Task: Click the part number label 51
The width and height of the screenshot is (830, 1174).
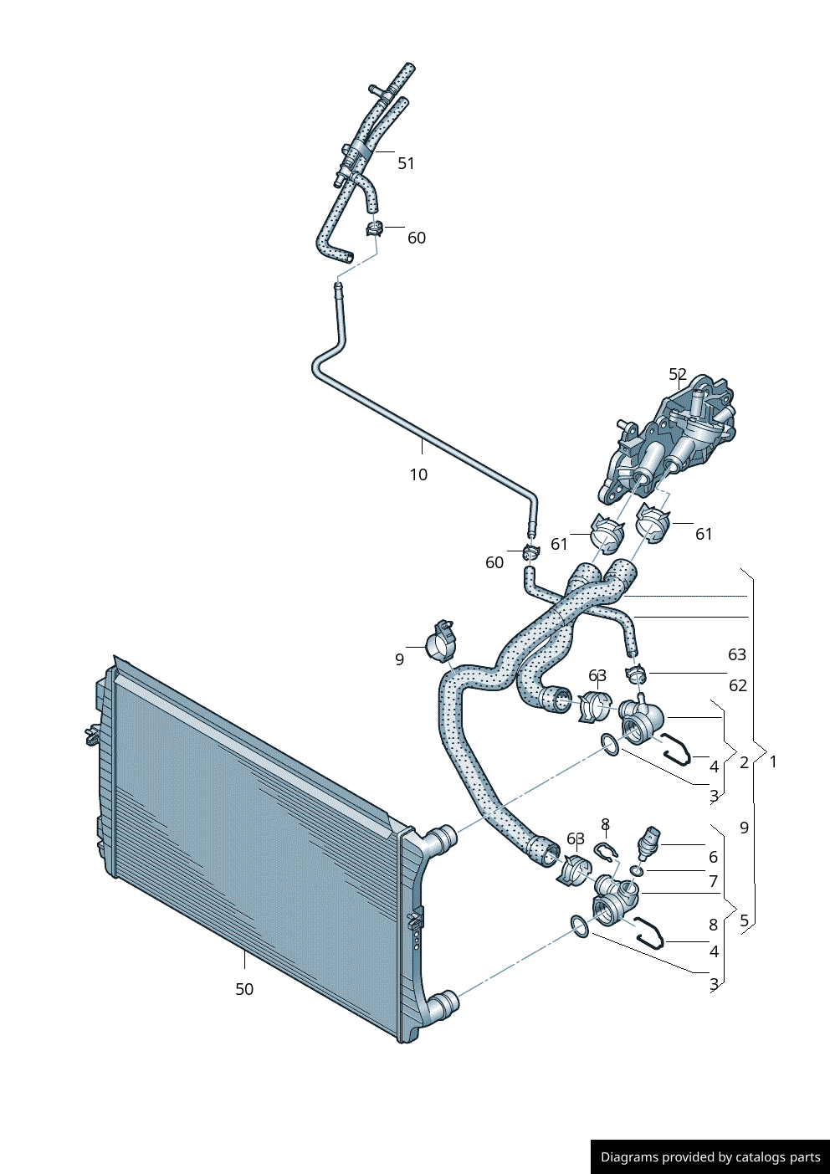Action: coord(406,163)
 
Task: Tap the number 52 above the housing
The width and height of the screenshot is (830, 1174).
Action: coord(678,375)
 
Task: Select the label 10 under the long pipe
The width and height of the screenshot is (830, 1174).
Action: coord(418,474)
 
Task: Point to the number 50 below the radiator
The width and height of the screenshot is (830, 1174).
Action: coord(244,989)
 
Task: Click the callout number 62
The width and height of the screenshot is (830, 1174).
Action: coord(737,685)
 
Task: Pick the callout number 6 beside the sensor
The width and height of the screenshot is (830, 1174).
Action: coord(713,857)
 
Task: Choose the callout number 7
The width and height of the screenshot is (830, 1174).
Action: coord(713,881)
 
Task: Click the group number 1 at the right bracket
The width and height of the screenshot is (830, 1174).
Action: coord(773,761)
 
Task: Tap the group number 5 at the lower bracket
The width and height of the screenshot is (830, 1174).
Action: coord(744,920)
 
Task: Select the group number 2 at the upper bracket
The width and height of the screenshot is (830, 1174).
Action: coord(744,762)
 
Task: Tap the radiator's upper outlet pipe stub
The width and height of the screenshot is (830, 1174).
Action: coord(441,837)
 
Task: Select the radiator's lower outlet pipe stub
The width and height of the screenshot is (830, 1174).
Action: coord(442,1002)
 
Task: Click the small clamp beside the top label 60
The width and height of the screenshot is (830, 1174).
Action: coord(374,227)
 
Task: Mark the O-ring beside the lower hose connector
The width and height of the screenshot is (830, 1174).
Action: coord(578,925)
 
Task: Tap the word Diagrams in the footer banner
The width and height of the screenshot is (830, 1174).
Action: coord(629,1157)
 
